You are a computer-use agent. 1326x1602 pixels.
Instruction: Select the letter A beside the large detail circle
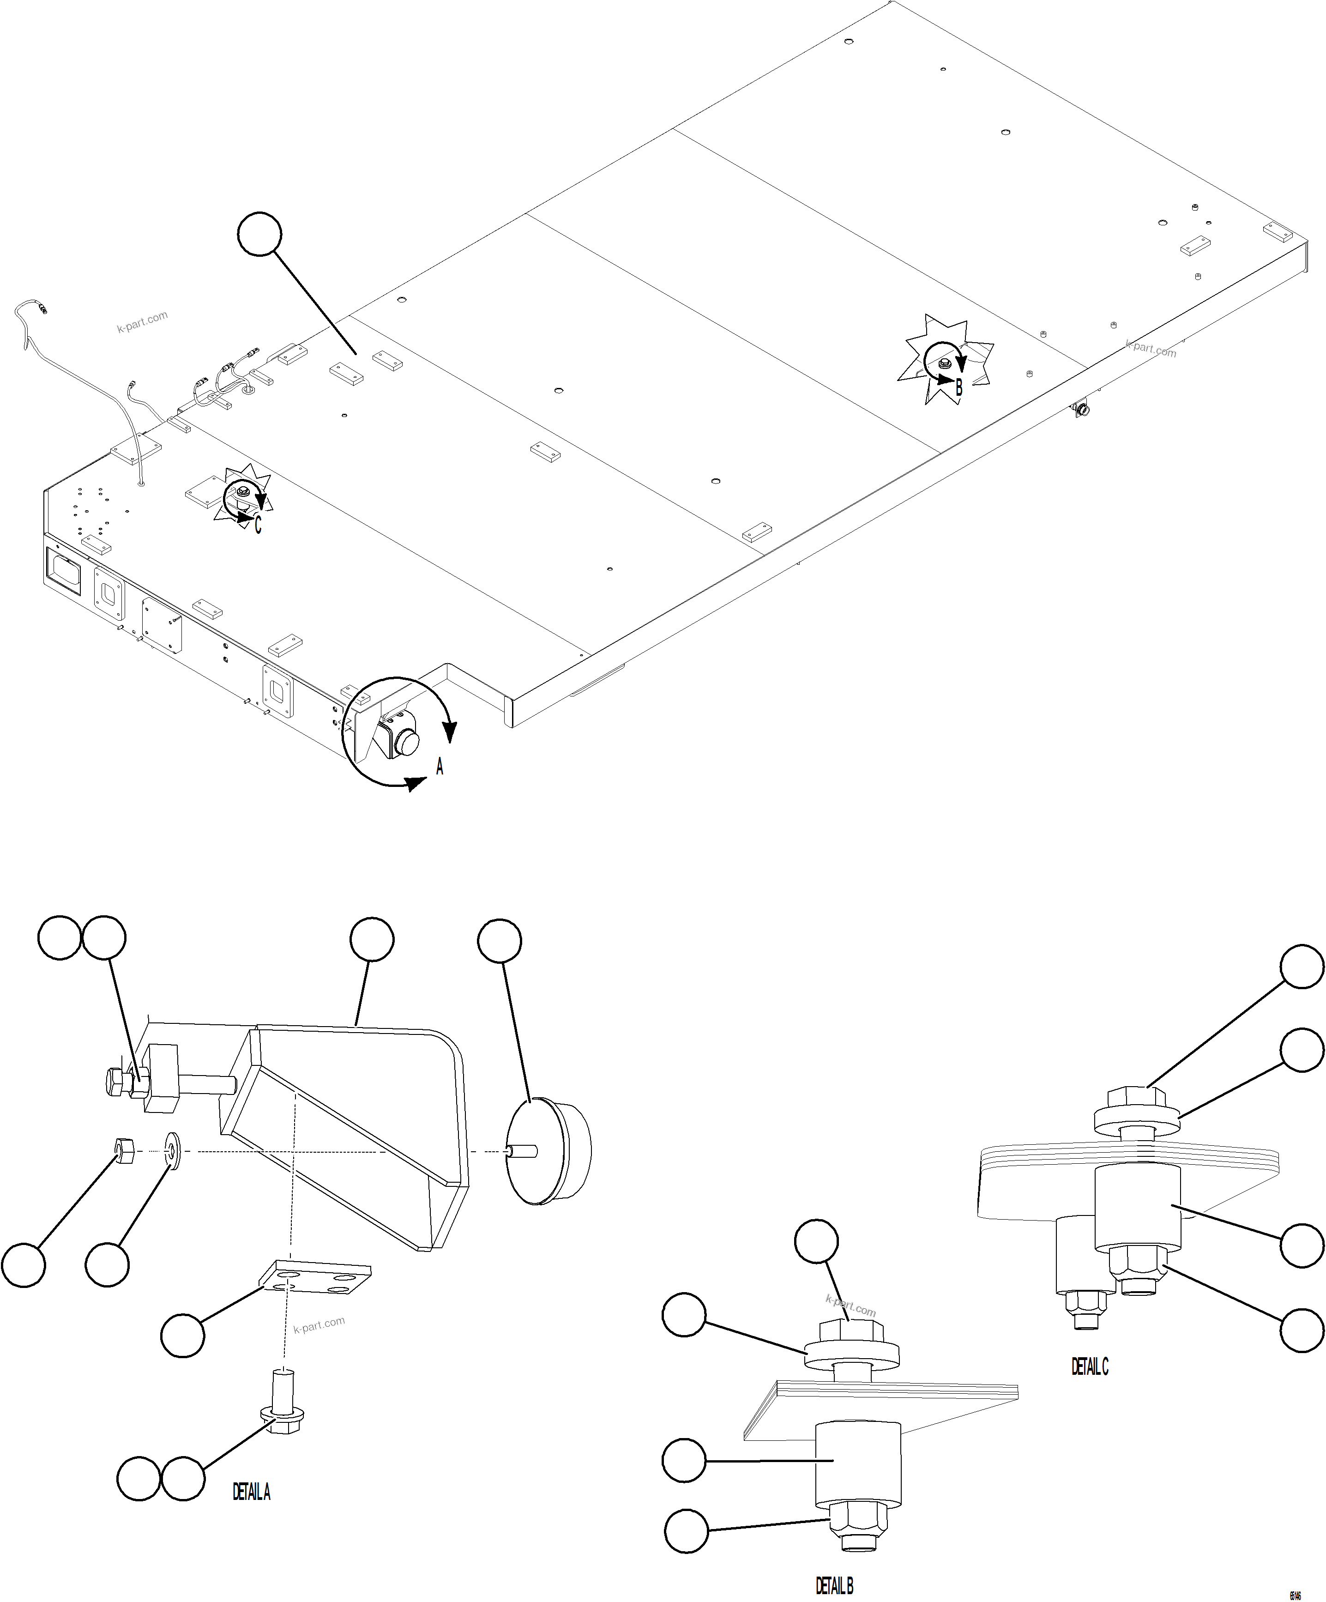point(439,768)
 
